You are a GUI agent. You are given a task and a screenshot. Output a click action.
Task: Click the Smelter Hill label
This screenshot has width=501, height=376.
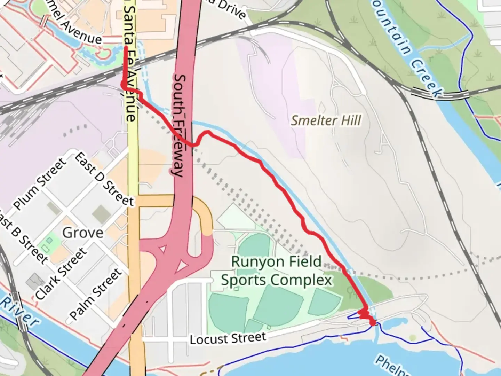(326, 120)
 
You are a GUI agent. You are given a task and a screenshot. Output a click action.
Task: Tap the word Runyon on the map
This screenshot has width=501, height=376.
(253, 262)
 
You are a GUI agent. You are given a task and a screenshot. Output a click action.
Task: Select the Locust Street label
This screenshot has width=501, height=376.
(228, 338)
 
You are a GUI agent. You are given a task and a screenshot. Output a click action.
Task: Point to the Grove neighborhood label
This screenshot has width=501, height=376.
(83, 233)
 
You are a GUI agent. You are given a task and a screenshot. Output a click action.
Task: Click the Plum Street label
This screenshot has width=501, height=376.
(39, 183)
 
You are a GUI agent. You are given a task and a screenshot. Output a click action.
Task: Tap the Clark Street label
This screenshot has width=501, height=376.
(60, 274)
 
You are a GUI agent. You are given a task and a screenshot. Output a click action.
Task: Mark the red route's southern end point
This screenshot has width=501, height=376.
(373, 323)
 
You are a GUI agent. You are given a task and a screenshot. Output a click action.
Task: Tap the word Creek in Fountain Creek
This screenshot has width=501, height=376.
(426, 78)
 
